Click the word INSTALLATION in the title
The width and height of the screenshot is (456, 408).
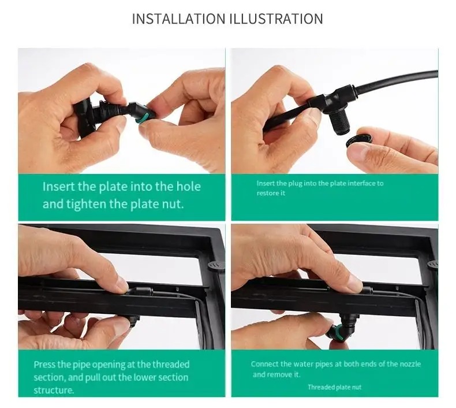(178, 18)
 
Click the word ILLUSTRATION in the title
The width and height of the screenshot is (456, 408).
(276, 18)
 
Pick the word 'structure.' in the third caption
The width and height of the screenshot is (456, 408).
(54, 390)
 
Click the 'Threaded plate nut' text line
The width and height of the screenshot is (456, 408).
(334, 387)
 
